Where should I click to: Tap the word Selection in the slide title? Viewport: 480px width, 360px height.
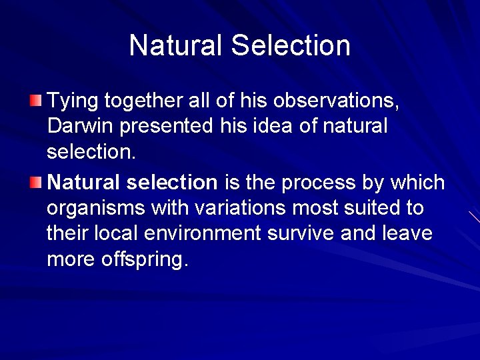click(x=291, y=45)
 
